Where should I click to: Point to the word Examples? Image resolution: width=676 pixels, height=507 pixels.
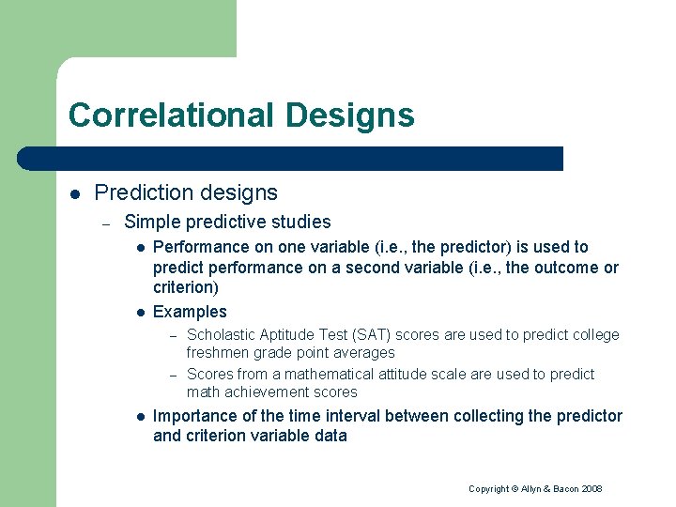[x=190, y=312]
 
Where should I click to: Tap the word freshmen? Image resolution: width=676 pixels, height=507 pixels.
[x=218, y=353]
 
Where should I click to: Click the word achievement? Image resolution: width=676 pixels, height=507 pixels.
[x=266, y=392]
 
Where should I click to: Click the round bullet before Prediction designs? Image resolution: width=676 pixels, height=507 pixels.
[x=74, y=193]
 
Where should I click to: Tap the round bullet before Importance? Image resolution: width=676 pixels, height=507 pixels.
[x=138, y=416]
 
